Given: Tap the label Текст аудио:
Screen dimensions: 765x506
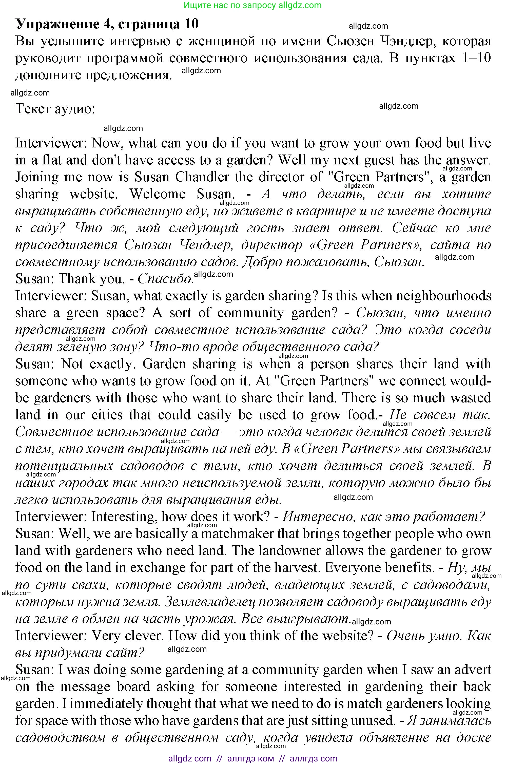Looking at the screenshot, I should (x=55, y=109).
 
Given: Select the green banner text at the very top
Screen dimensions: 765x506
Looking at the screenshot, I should (x=253, y=5).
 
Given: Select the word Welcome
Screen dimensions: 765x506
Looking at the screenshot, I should (x=158, y=194).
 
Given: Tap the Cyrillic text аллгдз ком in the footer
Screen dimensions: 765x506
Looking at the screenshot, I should (x=251, y=759).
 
